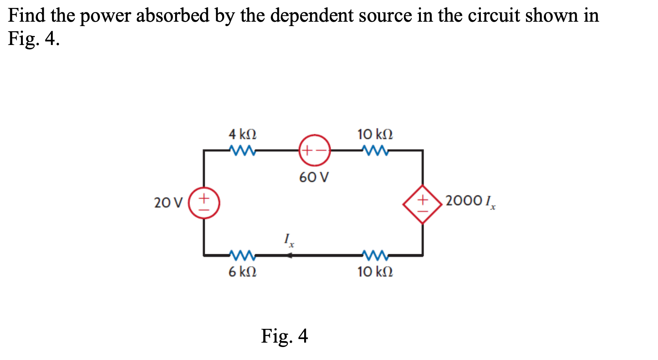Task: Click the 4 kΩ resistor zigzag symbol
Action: [242, 150]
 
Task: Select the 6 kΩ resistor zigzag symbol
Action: [242, 256]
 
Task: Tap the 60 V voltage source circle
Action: [314, 150]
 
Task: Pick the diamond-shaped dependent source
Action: [422, 204]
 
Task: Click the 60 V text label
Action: [314, 177]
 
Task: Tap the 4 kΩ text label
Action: [242, 134]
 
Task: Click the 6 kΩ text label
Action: [242, 272]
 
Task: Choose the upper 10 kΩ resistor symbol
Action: [375, 150]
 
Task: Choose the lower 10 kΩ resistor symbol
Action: [375, 256]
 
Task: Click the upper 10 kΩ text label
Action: [375, 134]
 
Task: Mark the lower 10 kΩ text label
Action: [375, 272]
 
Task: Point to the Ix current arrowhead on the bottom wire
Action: [290, 256]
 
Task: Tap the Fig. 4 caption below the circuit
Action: [284, 336]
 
